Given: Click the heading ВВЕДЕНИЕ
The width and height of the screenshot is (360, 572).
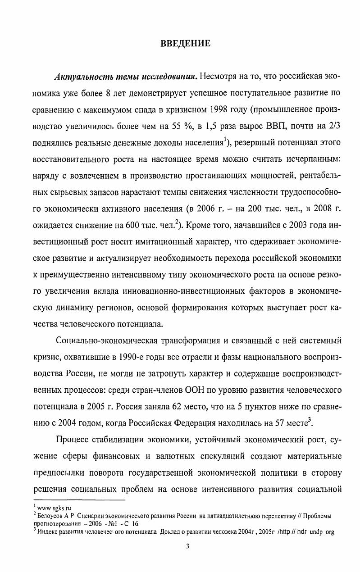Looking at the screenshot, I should click(x=185, y=44).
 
